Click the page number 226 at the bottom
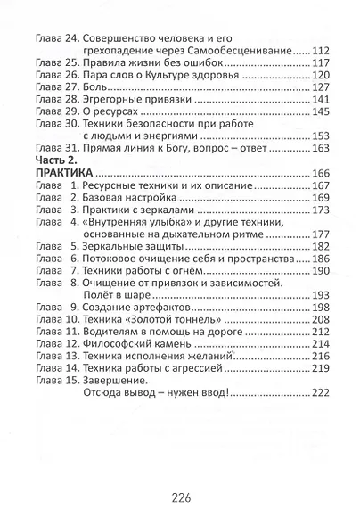point(180,495)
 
